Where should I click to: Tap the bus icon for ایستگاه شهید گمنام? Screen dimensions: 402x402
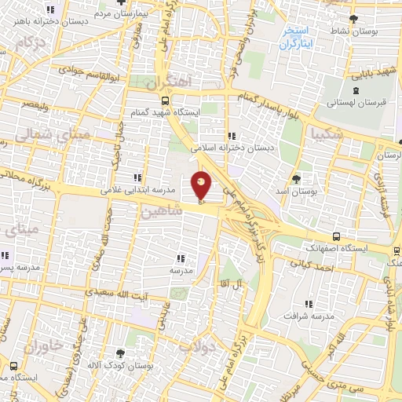point(164,101)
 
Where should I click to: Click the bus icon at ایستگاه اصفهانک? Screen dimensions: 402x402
point(336,236)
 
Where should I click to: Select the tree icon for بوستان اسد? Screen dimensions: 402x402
point(295,179)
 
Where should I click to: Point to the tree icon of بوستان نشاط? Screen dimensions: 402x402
point(354,19)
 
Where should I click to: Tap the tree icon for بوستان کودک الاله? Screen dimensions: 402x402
point(120,354)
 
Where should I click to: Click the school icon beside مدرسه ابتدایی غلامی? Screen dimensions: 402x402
point(137,178)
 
